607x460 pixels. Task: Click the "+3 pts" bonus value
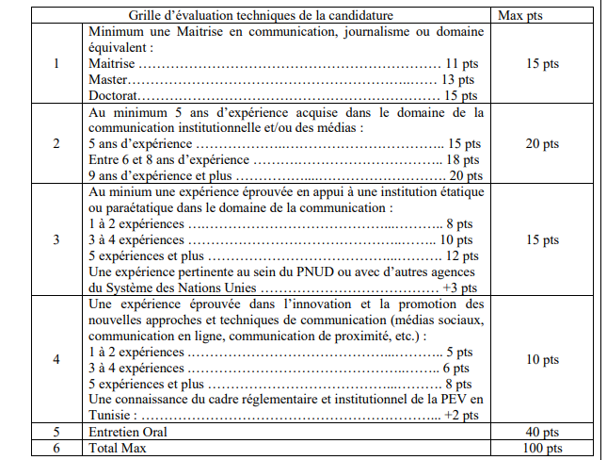(460, 287)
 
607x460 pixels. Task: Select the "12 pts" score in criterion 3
(462, 255)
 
